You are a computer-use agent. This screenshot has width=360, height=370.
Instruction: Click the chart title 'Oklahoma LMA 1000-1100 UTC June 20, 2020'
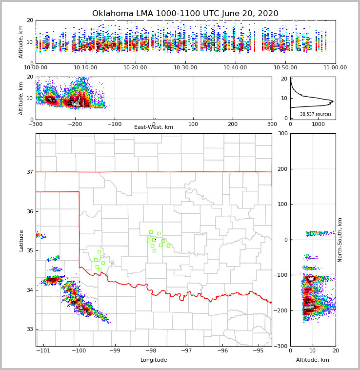(x=185, y=14)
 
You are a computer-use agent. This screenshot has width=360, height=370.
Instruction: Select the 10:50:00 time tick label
(x=285, y=68)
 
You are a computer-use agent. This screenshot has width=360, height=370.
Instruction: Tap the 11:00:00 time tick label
(x=335, y=68)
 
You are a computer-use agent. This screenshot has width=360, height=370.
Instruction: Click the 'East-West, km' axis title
(x=154, y=127)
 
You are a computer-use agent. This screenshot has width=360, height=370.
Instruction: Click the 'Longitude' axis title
(x=154, y=360)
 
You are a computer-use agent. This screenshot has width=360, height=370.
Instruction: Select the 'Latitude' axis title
(x=21, y=240)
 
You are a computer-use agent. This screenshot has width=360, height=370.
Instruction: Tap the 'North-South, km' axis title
(x=340, y=240)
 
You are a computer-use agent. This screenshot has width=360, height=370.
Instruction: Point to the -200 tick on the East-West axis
(x=75, y=124)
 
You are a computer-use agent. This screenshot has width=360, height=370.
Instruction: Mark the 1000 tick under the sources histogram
(x=318, y=124)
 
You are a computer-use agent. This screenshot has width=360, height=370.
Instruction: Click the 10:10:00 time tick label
(x=85, y=68)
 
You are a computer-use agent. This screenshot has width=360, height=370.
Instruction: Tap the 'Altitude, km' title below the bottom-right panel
(x=313, y=360)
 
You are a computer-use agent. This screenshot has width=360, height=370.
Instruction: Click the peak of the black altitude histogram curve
(x=333, y=102)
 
